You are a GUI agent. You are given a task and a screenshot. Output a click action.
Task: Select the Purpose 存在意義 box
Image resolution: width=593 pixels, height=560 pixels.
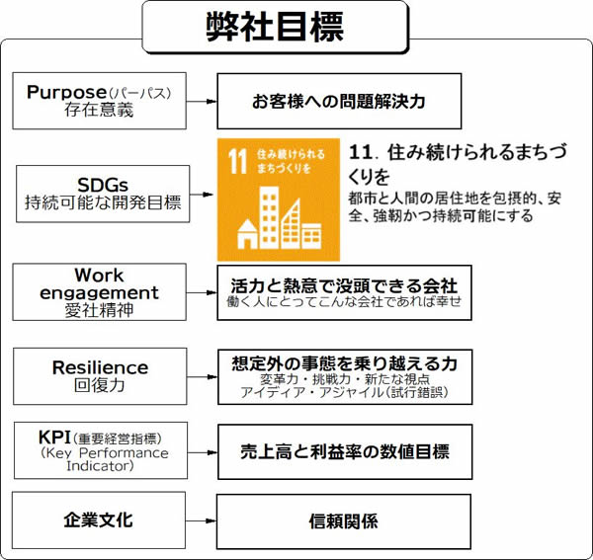pos(99,101)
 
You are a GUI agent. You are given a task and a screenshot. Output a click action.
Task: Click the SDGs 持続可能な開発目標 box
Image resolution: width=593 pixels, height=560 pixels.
pos(104,193)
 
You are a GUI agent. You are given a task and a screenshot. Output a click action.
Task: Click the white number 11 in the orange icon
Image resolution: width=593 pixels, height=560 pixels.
pos(237,158)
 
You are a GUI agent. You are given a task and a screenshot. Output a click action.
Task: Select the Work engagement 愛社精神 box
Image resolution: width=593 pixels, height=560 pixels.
pos(99,291)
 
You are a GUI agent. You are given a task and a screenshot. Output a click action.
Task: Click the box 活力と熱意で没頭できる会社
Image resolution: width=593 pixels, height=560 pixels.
pos(344,291)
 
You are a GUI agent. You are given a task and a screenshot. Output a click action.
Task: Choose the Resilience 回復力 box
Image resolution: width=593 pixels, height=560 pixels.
pos(99,375)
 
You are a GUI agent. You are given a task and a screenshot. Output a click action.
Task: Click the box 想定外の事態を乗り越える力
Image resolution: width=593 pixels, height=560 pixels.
pos(344,375)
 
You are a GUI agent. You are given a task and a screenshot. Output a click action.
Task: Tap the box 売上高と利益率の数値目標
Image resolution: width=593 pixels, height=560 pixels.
pos(344,451)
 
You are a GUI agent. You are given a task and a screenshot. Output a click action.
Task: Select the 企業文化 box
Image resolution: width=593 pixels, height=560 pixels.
pos(99,520)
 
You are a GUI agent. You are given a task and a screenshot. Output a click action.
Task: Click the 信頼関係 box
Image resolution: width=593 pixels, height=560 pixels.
pos(344,520)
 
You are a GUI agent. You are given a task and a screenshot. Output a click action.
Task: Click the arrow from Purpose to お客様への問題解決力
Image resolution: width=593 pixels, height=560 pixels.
pos(201,101)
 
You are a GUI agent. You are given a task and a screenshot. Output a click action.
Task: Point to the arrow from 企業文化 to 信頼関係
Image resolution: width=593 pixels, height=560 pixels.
pos(201,520)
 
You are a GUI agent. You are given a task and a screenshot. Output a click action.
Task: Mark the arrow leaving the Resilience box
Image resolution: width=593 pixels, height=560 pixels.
pos(201,375)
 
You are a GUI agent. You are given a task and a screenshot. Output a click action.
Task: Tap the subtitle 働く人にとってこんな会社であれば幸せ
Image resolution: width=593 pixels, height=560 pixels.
pos(344,302)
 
